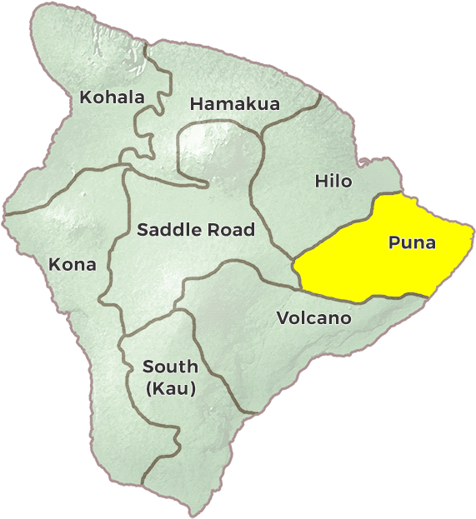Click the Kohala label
point(112,97)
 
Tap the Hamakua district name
point(235,104)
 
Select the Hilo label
point(333,181)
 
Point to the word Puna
point(412,242)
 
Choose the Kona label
point(73,265)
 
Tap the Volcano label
point(313,318)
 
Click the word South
point(170,367)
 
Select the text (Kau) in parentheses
point(170,388)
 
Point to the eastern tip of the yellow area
point(471,236)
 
